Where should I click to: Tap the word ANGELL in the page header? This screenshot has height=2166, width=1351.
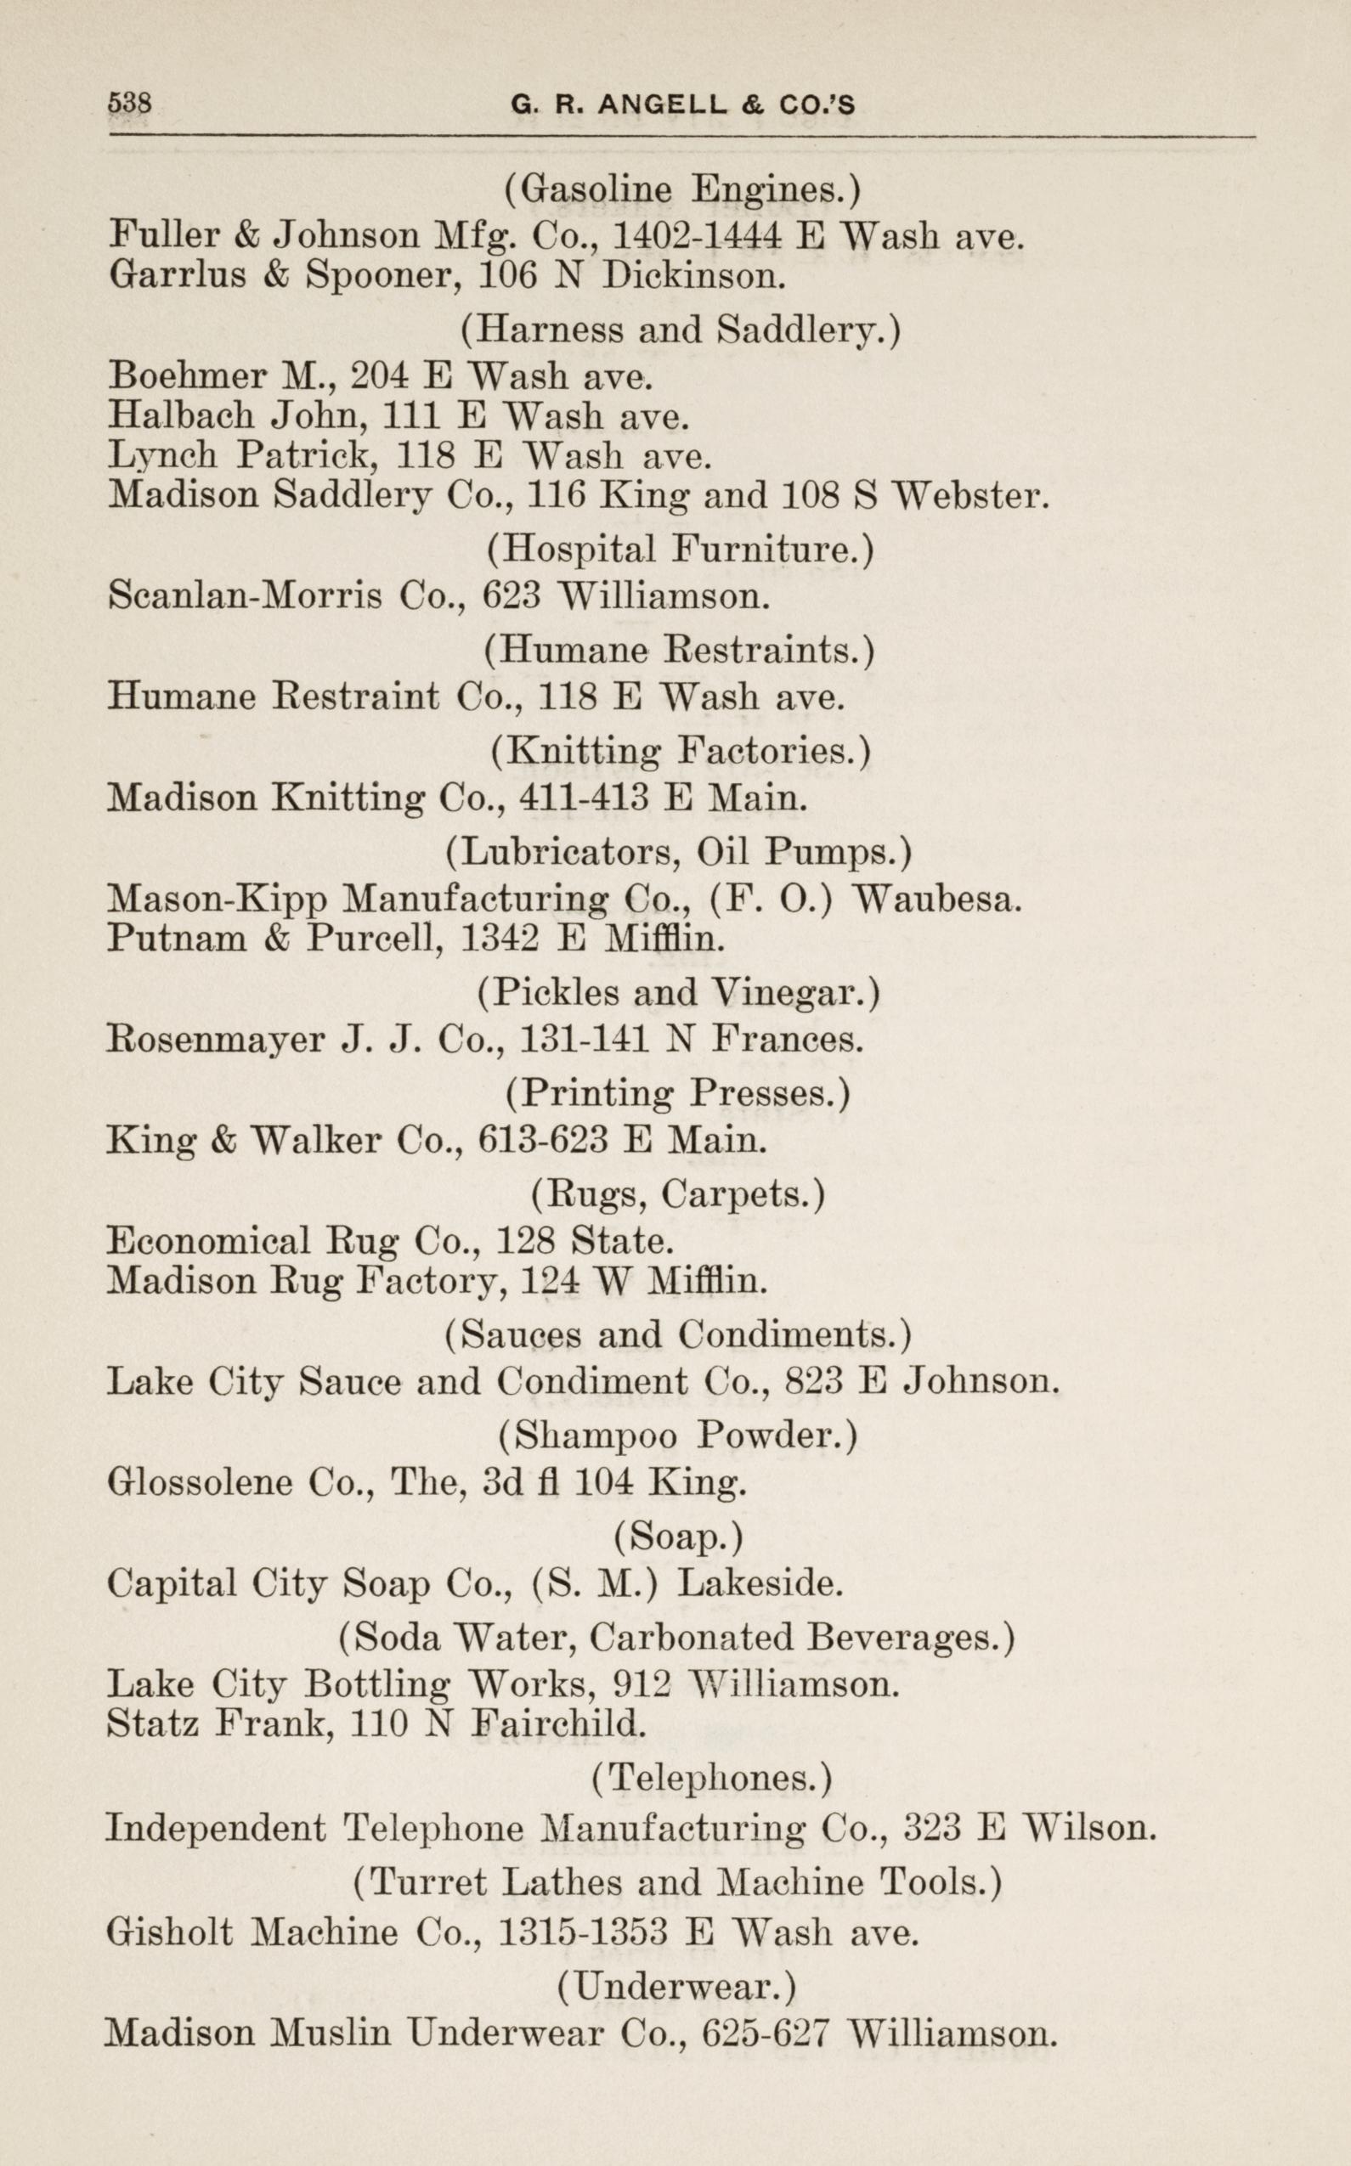[662, 105]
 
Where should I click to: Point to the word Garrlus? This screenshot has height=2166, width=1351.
[176, 275]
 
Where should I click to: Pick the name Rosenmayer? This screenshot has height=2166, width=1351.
[215, 1040]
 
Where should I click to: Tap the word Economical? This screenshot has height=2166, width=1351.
[208, 1241]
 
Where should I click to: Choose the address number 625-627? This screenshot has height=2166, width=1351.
[766, 2033]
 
